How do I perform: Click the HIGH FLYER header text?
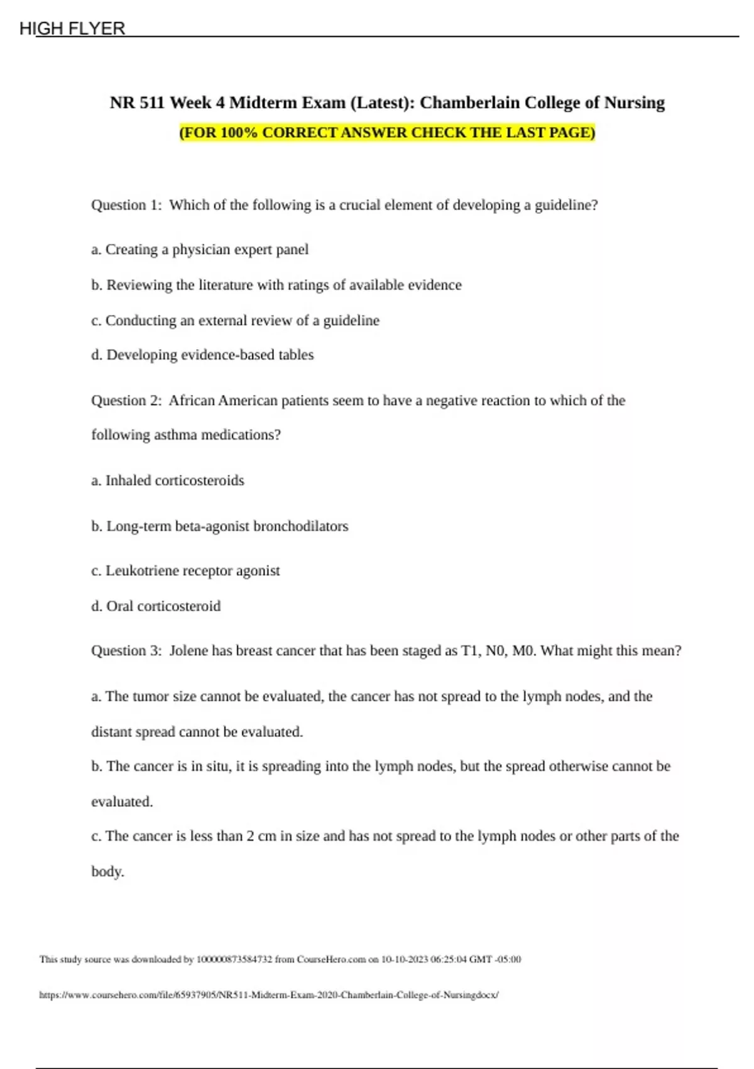tap(72, 28)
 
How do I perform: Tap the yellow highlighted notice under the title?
tap(387, 133)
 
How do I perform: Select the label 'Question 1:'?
tap(126, 205)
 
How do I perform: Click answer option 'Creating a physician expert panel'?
tap(200, 250)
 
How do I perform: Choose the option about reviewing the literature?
tap(276, 285)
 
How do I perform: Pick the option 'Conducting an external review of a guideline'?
tap(235, 321)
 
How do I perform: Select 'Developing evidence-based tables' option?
tap(202, 355)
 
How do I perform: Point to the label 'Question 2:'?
tap(126, 401)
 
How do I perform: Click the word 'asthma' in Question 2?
tap(175, 435)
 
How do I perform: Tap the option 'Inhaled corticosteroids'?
tap(168, 480)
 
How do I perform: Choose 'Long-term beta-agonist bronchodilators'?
tap(220, 526)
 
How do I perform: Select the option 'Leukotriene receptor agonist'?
tap(186, 571)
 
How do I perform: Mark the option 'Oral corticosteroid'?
tap(156, 606)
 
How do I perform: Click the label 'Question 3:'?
tap(126, 651)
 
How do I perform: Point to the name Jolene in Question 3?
tap(188, 651)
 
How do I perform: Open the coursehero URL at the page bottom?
tap(269, 995)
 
